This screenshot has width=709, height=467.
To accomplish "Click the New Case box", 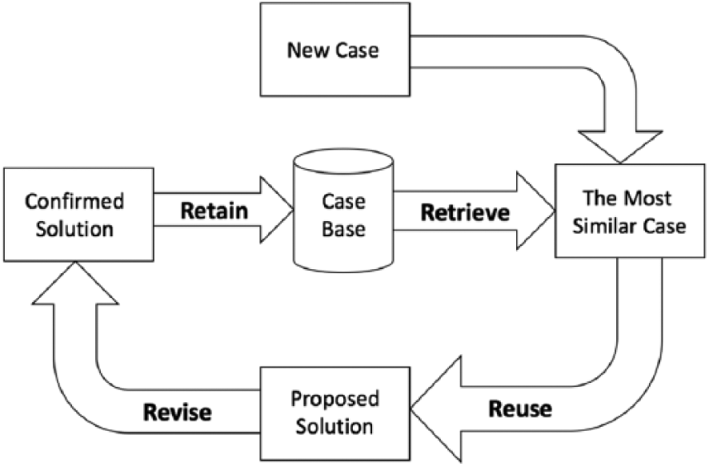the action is (335, 50).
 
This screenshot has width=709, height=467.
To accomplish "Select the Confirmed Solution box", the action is (78, 215).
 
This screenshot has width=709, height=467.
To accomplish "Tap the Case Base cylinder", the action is (343, 211).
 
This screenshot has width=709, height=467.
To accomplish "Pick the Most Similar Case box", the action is (630, 211).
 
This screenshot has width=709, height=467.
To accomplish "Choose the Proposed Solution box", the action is (335, 413).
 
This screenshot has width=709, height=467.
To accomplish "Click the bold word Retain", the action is (214, 211).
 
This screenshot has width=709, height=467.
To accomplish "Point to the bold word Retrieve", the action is (465, 213).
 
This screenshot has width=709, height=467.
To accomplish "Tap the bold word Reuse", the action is (520, 409).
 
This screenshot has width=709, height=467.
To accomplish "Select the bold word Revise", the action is (178, 413).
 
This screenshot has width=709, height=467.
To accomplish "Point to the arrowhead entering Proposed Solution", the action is (436, 409).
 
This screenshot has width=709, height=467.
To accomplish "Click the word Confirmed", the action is (74, 201).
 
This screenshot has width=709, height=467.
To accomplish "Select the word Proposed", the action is (335, 399).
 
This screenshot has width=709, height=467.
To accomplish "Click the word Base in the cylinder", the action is (343, 229).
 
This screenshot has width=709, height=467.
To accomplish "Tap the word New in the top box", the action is (307, 50).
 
